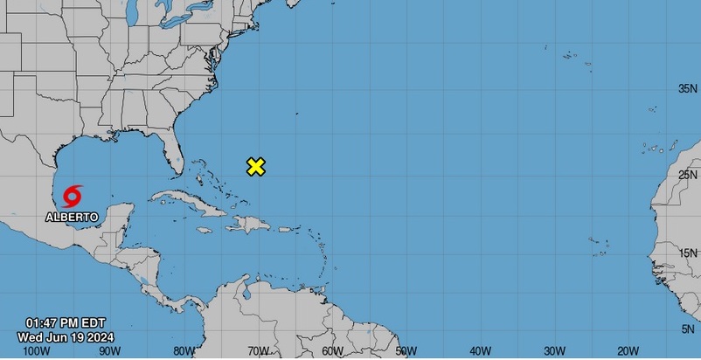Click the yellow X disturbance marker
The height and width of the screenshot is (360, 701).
tap(256, 167)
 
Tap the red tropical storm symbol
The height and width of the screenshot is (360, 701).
tap(73, 195)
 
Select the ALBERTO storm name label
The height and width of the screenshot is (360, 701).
tap(72, 215)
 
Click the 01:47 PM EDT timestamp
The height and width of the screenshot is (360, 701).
tap(65, 322)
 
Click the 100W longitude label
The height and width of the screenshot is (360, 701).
tap(35, 351)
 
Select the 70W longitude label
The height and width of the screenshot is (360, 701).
tap(256, 351)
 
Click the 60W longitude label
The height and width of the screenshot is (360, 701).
tap(330, 351)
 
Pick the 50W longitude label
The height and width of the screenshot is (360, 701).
tap(405, 351)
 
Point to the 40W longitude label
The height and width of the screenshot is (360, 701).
tap(479, 351)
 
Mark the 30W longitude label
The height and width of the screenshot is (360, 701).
tap(552, 351)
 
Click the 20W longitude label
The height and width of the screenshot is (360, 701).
tap(626, 351)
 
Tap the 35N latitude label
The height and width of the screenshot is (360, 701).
tap(688, 89)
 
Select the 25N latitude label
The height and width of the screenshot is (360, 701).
tap(688, 175)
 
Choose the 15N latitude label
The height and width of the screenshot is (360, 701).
tap(688, 253)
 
